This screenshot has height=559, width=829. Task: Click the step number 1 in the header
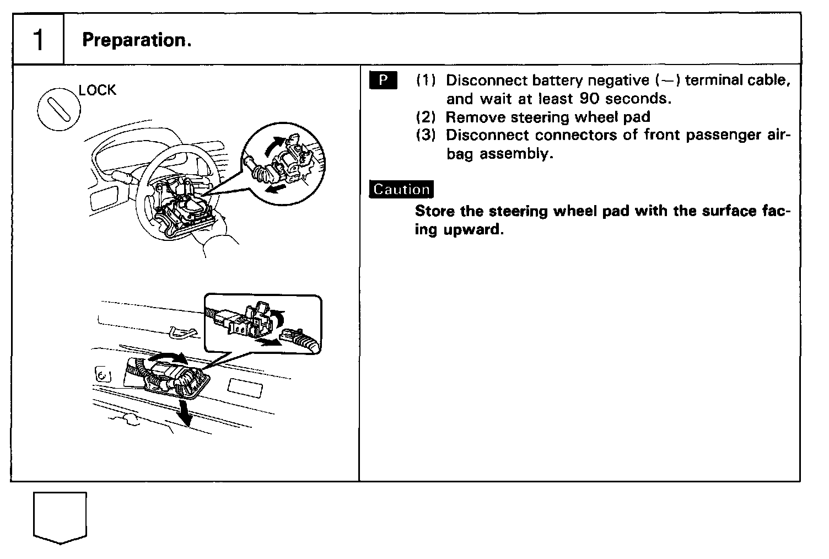coord(38,40)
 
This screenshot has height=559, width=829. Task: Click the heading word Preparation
coord(136,40)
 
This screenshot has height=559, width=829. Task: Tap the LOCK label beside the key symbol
coord(98,90)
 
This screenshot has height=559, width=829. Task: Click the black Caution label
coord(401,189)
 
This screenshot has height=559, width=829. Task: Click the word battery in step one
coord(557,80)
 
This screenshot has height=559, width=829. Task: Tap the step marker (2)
coord(426,117)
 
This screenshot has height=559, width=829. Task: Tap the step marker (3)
coord(426,136)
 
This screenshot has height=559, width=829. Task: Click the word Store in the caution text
coord(435,211)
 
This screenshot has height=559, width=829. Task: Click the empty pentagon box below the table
coord(60,517)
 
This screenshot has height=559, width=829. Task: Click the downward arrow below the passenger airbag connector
coord(187,412)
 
